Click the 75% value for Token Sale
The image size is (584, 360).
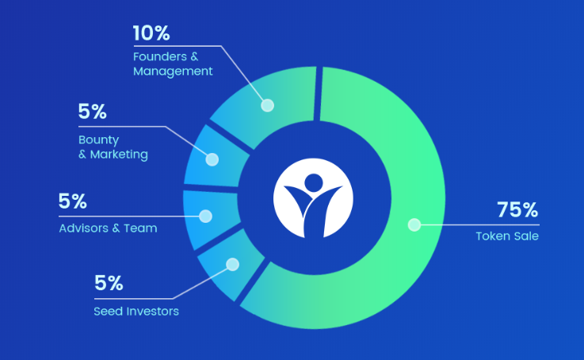click(517, 209)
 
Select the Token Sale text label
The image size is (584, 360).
click(507, 236)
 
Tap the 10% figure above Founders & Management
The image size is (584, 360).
click(151, 33)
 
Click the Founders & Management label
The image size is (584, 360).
click(173, 63)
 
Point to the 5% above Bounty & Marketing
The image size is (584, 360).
click(93, 111)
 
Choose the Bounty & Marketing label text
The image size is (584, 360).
click(113, 147)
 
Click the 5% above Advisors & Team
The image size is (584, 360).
click(73, 201)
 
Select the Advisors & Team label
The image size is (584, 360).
click(108, 228)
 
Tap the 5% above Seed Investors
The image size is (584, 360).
click(109, 283)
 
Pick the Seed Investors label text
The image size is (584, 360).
click(136, 311)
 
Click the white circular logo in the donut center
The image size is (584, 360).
click(313, 198)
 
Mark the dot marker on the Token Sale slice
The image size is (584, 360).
click(414, 224)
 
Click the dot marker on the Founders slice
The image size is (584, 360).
click(267, 105)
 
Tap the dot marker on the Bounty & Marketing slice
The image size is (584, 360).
click(212, 159)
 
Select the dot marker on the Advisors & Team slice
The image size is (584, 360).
click(205, 216)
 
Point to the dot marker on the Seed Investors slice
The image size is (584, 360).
click(233, 265)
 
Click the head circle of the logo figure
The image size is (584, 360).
click(314, 182)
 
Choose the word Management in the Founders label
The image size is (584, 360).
click(173, 71)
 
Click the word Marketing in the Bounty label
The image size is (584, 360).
click(119, 155)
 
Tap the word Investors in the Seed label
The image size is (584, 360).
click(152, 311)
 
